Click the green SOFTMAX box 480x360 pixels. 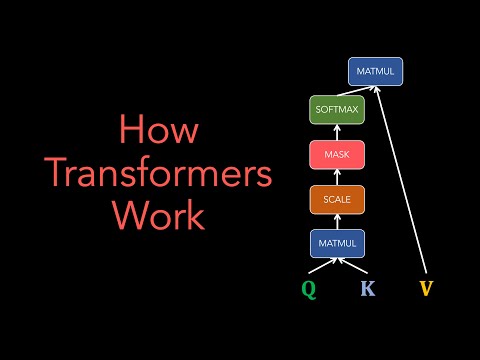(x=336, y=109)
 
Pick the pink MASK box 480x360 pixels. (x=336, y=154)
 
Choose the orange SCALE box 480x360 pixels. (x=336, y=199)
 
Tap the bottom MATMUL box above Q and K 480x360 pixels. (x=336, y=243)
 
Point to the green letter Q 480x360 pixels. (x=310, y=290)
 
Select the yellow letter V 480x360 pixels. (x=428, y=290)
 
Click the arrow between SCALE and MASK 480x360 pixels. (x=336, y=177)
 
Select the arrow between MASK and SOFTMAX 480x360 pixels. (x=336, y=132)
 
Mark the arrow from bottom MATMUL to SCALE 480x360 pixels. (x=336, y=221)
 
